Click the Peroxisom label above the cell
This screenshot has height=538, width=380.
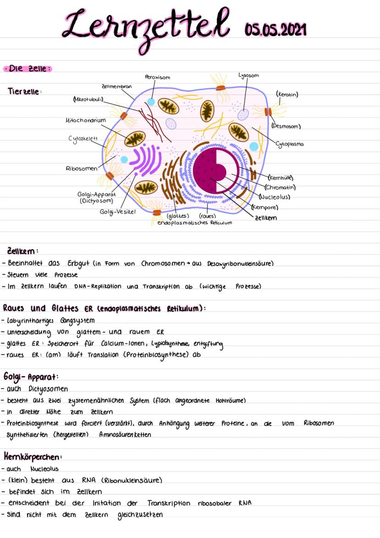point(157,77)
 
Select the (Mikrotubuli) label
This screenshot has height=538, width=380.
point(89,99)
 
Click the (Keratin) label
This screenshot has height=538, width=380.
point(287,95)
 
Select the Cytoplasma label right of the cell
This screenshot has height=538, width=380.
point(290,144)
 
